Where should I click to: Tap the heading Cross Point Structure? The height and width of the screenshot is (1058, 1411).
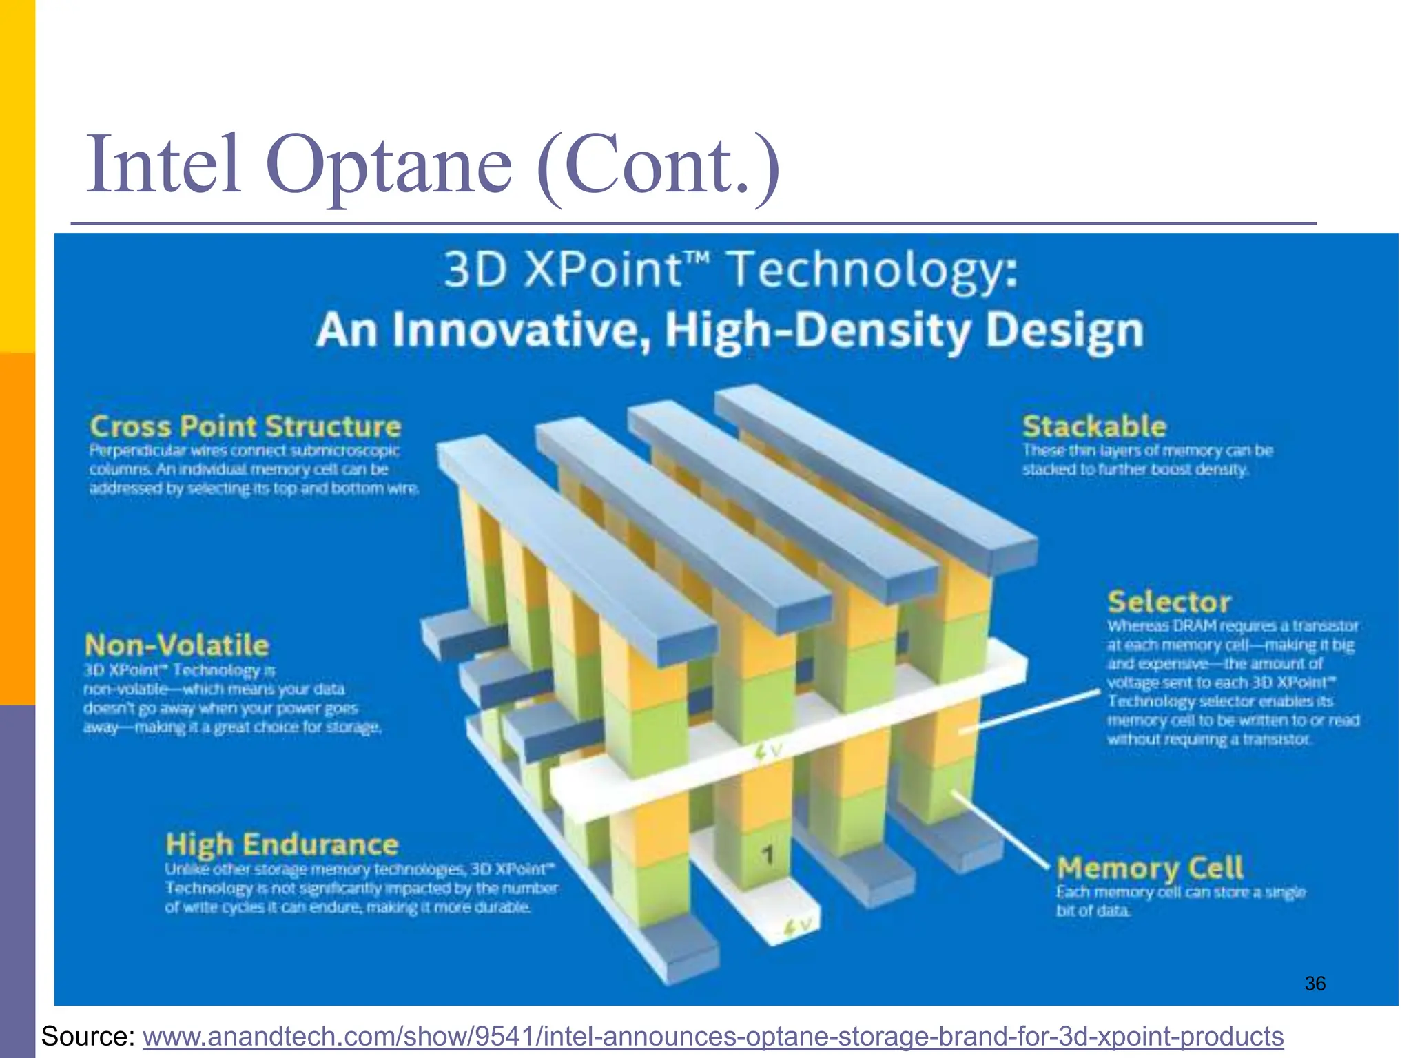click(x=245, y=426)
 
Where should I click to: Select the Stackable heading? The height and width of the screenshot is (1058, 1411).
click(x=1094, y=426)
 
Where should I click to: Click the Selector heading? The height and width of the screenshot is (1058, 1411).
click(x=1169, y=602)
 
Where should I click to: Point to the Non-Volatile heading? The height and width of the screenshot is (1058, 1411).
click(x=176, y=645)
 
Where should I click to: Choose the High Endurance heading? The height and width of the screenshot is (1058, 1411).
click(x=282, y=844)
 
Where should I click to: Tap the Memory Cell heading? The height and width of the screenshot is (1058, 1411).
click(x=1150, y=868)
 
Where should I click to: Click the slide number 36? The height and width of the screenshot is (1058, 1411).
click(x=1315, y=984)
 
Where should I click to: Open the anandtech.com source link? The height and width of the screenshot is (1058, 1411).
click(x=712, y=1036)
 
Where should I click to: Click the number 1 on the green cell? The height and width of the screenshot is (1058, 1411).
click(x=768, y=855)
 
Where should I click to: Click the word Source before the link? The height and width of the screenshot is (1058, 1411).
click(x=87, y=1036)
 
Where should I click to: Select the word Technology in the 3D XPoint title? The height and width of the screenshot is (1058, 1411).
click(x=872, y=271)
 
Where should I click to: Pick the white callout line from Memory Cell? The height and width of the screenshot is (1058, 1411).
click(x=999, y=830)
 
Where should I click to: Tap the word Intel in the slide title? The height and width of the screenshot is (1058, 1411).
click(x=163, y=165)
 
